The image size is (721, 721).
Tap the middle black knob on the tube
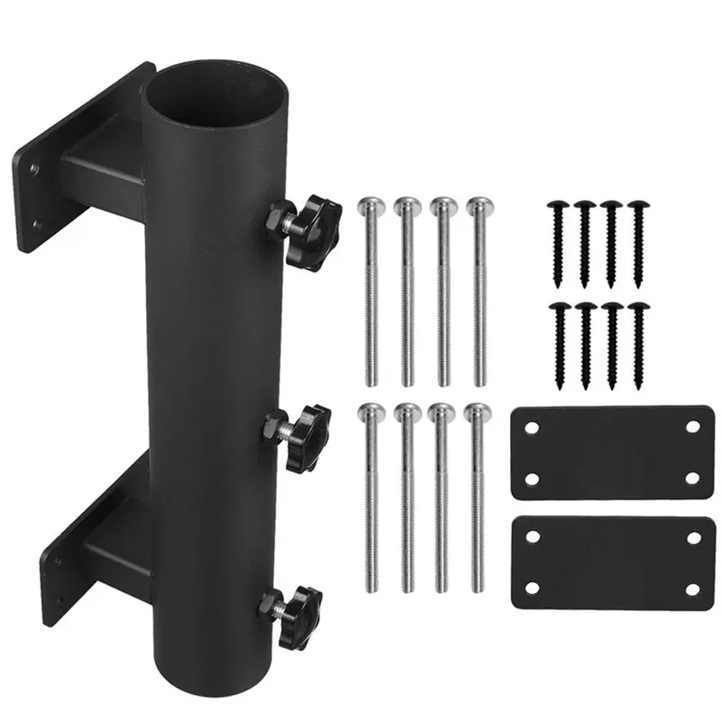[x=305, y=437]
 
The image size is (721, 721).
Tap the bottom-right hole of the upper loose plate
[x=692, y=479]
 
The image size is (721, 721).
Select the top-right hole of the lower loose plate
[x=693, y=537]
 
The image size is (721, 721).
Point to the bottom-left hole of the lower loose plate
[x=533, y=589]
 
